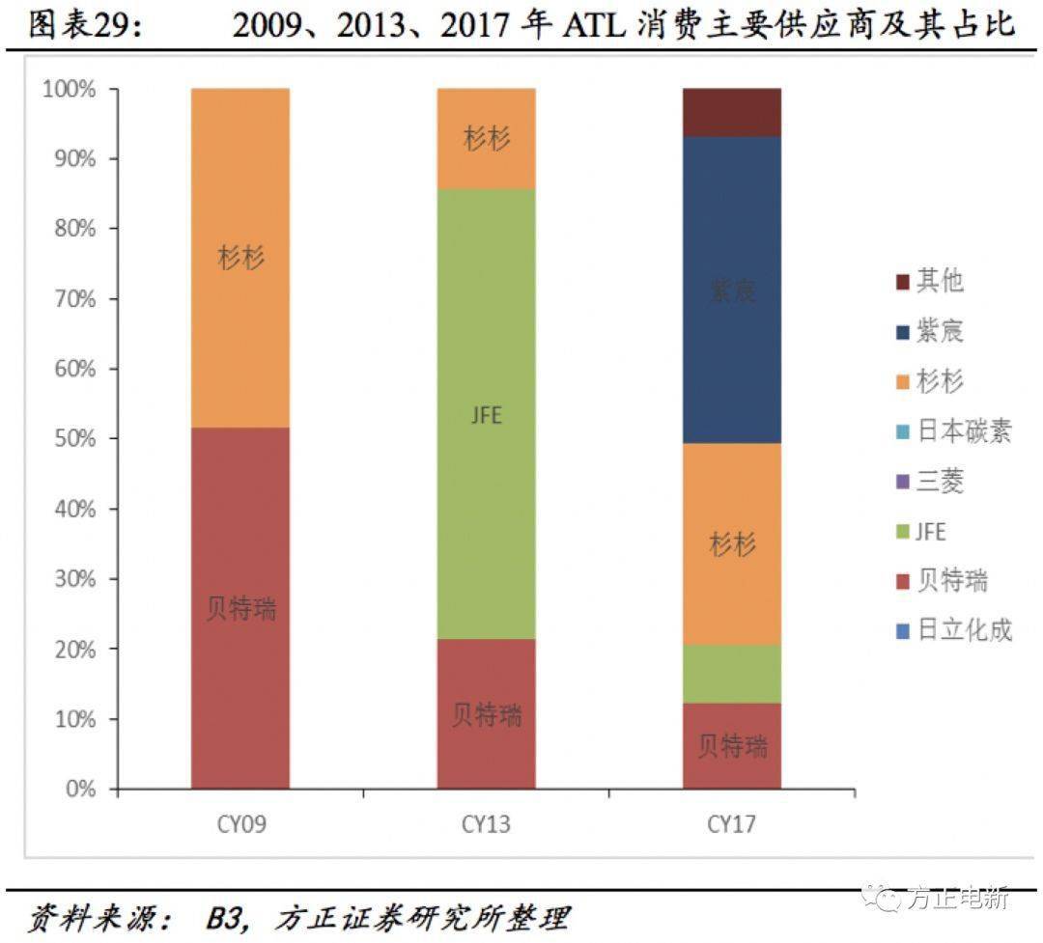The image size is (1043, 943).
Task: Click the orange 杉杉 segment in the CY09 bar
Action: click(240, 258)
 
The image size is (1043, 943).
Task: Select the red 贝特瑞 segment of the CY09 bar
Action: click(240, 608)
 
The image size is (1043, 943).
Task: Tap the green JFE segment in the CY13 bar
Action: click(486, 415)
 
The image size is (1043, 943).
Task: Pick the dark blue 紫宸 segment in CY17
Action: click(732, 290)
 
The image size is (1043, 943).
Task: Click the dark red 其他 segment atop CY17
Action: click(732, 112)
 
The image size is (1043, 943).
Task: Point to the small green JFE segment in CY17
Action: click(732, 673)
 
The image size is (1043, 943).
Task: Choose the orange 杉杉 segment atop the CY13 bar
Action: click(486, 138)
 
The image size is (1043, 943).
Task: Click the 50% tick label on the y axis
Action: click(69, 439)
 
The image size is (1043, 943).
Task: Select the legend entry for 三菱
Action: click(939, 481)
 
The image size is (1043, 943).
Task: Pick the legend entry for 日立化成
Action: click(963, 631)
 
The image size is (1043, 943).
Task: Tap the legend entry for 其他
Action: click(939, 281)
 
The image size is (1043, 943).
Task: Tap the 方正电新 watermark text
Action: click(957, 897)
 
